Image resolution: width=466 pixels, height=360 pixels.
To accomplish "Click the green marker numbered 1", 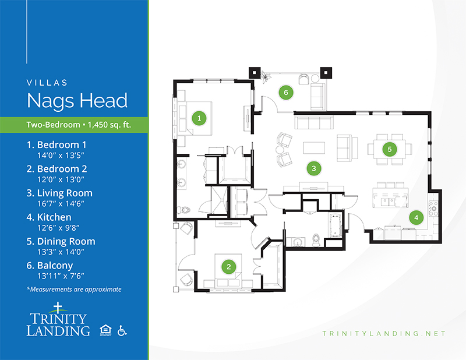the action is click(x=199, y=118).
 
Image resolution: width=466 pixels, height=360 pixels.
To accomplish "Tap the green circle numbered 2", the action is click(x=228, y=267).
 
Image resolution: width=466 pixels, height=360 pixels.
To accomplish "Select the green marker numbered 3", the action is click(x=314, y=168).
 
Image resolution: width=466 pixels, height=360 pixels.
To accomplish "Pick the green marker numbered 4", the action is click(x=416, y=218).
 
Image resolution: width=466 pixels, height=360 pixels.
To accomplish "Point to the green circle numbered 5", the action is click(x=389, y=149).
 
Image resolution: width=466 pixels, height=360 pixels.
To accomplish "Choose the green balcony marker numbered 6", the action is click(x=286, y=93).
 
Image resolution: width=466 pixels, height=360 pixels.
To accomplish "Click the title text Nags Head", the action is click(x=77, y=100).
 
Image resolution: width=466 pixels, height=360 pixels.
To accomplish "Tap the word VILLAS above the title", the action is click(x=47, y=83).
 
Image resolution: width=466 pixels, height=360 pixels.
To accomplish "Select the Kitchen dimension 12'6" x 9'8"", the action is click(x=58, y=228).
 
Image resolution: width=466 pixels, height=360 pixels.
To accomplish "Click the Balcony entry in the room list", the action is click(x=50, y=265).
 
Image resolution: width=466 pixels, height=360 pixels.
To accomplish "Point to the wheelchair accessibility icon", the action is click(x=122, y=330).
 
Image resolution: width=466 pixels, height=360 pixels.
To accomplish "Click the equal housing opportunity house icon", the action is click(x=105, y=330).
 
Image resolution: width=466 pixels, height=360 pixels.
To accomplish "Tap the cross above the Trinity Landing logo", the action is click(x=58, y=308).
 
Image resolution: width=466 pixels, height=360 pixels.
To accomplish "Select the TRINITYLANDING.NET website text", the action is click(x=384, y=334).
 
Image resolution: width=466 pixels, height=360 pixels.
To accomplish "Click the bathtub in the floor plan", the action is click(x=335, y=225).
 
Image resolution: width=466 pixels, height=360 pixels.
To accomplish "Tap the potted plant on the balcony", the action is click(x=266, y=76).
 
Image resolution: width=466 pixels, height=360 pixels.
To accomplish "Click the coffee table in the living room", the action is click(x=314, y=148).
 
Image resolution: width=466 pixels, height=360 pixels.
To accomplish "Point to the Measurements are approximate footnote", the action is click(x=75, y=290).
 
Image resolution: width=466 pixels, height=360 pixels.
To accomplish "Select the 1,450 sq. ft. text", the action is click(x=110, y=125).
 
